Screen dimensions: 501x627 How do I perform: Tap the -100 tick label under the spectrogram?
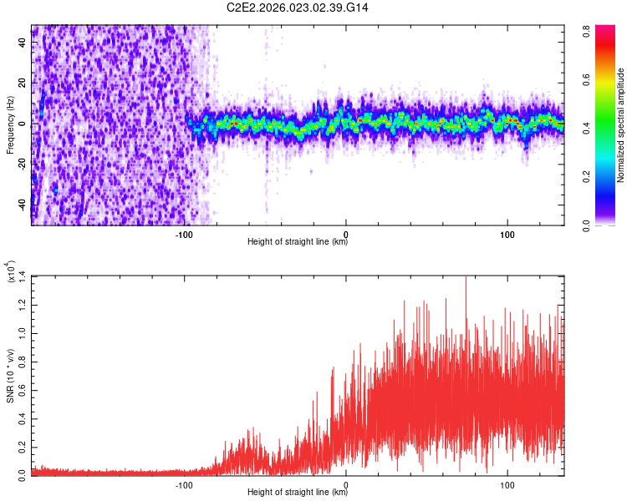click(185, 233)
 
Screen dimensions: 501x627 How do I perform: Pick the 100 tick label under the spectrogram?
click(507, 233)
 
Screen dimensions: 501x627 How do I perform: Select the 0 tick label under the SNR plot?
click(346, 483)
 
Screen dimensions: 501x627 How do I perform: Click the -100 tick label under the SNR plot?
click(185, 483)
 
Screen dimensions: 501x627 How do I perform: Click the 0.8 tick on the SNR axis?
click(22, 360)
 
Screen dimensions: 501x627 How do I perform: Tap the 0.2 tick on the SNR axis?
click(22, 445)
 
